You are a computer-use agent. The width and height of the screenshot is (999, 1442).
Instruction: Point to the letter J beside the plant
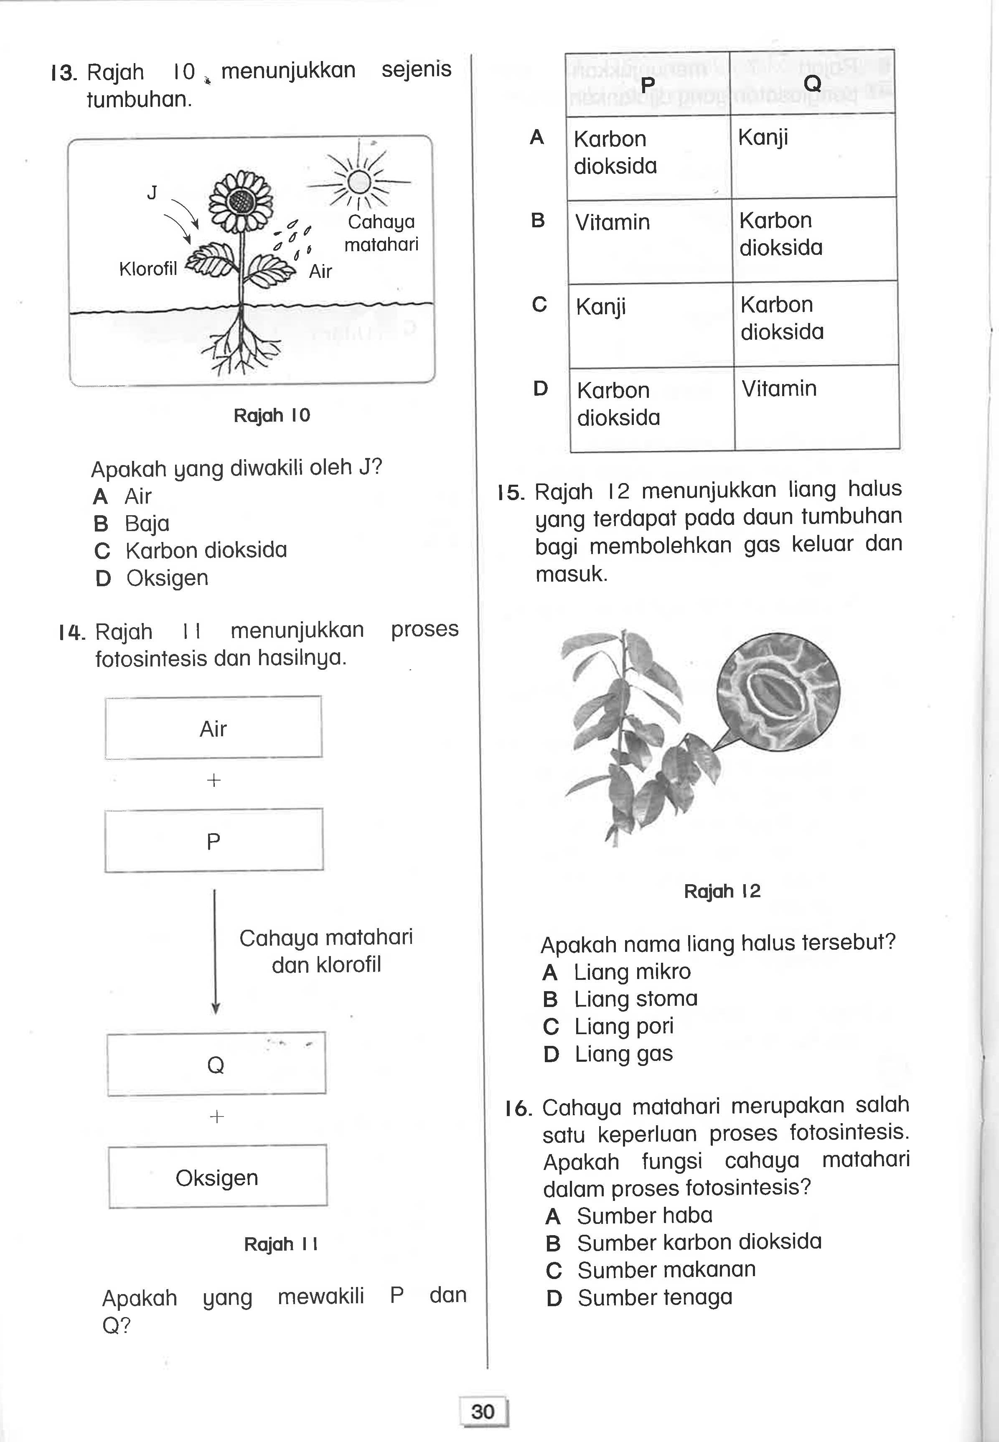[x=152, y=193]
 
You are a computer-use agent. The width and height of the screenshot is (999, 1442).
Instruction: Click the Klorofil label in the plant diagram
[x=148, y=269]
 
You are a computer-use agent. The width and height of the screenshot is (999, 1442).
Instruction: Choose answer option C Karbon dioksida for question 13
[x=191, y=550]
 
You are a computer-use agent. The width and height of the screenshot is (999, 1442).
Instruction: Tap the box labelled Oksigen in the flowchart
[x=217, y=1177]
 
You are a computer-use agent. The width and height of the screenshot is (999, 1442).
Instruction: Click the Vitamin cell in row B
[x=649, y=240]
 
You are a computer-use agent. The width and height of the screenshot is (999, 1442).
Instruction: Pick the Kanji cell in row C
[x=651, y=324]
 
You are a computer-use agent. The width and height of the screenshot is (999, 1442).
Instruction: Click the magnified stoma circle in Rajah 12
[x=778, y=692]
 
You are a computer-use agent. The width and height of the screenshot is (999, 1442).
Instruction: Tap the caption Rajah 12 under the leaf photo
[x=722, y=891]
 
